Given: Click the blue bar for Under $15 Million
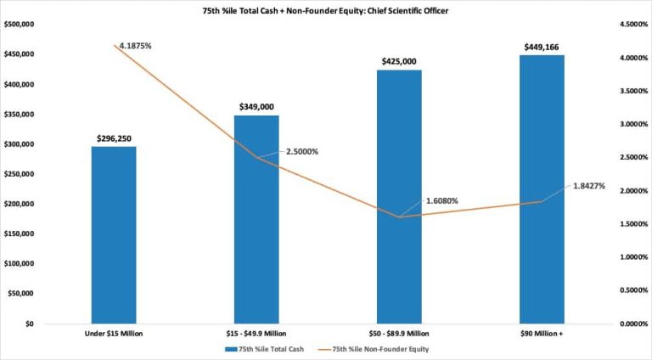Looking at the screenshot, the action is coord(114,235).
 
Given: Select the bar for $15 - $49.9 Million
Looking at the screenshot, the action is coord(256,220).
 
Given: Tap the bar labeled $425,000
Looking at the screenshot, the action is coord(399,197).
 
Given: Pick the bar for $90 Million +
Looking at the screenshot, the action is coord(542,189).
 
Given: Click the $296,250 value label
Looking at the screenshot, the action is coord(114,138).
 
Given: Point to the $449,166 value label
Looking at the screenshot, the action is coord(542,47).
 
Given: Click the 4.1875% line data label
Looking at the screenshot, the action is coord(136,46).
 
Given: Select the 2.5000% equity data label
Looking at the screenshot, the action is coord(302,152).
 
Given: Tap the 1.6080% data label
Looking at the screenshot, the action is coord(442,200).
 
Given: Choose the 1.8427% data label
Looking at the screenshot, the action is coord(589,186).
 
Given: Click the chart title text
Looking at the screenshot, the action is coord(326,11).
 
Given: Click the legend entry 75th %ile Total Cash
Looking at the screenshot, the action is coord(265,349).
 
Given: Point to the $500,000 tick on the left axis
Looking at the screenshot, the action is coord(20,25).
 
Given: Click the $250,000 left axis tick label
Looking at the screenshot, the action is coord(20,174).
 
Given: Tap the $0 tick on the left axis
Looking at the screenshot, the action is coord(29,323).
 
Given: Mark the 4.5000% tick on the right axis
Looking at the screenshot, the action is coord(633,25).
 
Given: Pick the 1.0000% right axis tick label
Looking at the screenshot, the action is coord(633,257).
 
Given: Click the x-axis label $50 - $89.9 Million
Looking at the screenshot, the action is coord(399,334).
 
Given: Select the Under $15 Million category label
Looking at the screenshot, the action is coord(114,334).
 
